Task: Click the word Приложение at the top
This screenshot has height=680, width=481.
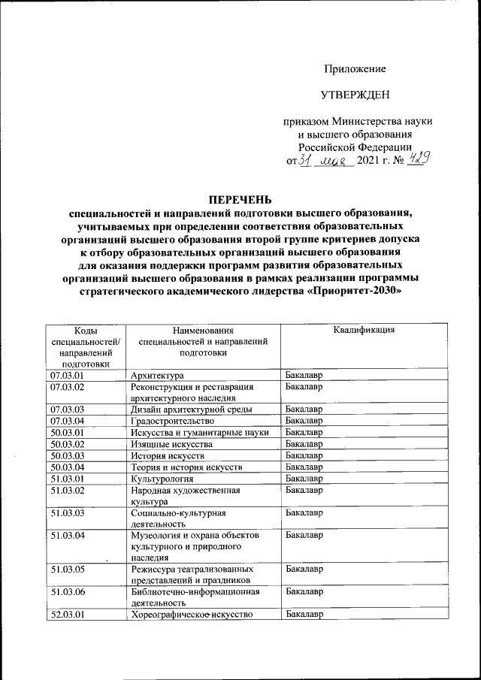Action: (355, 69)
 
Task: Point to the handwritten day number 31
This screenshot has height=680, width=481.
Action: (305, 160)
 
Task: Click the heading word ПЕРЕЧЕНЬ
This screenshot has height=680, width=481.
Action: (240, 200)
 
